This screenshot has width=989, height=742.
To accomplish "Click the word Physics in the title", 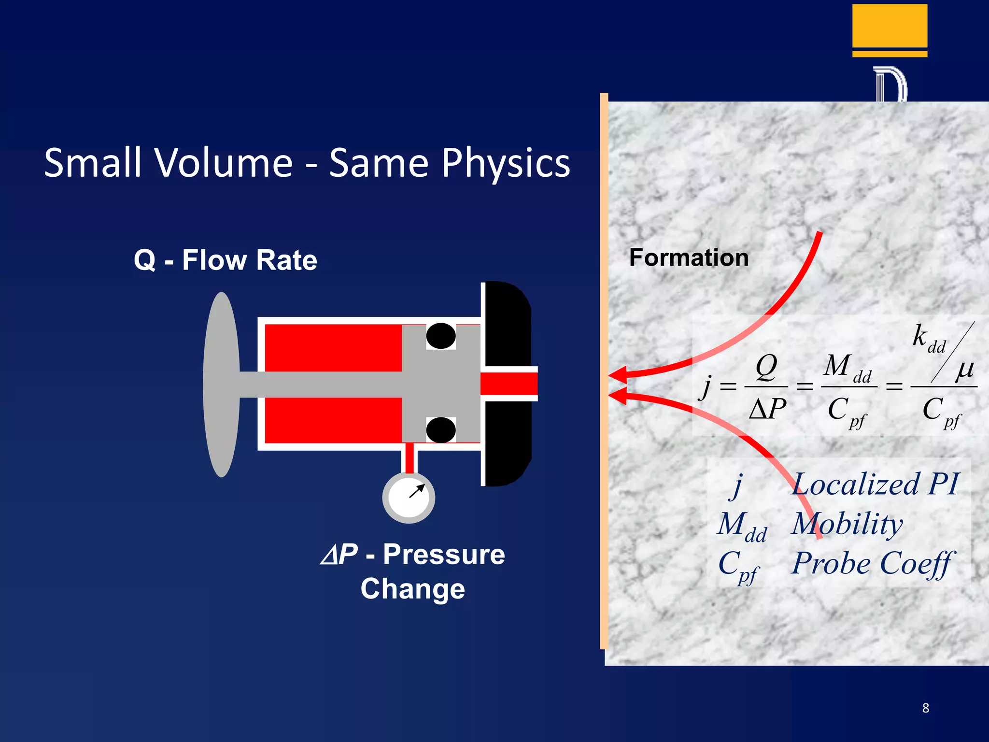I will tap(506, 163).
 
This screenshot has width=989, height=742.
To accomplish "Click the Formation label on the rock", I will tap(689, 257).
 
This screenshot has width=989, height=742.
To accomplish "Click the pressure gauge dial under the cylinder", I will tap(409, 498).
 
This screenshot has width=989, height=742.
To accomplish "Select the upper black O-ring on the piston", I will tap(440, 336).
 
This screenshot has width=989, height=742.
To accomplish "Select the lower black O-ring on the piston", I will tap(440, 429).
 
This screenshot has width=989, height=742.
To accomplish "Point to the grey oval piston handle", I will tap(222, 385).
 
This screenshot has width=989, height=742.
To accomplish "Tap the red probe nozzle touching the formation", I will tap(509, 385).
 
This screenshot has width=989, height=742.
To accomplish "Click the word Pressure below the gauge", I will tap(444, 554).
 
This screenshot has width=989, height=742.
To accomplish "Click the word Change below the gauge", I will tap(412, 589).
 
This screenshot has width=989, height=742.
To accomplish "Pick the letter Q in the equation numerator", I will tap(766, 367).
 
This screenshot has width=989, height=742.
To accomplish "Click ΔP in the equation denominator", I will tap(767, 409).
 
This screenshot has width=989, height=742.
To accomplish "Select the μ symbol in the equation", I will tap(964, 370).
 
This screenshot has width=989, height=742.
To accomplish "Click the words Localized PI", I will tap(875, 484).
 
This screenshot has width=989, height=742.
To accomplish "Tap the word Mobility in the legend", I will tap(847, 524).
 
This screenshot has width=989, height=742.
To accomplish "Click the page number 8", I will tap(925, 708).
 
